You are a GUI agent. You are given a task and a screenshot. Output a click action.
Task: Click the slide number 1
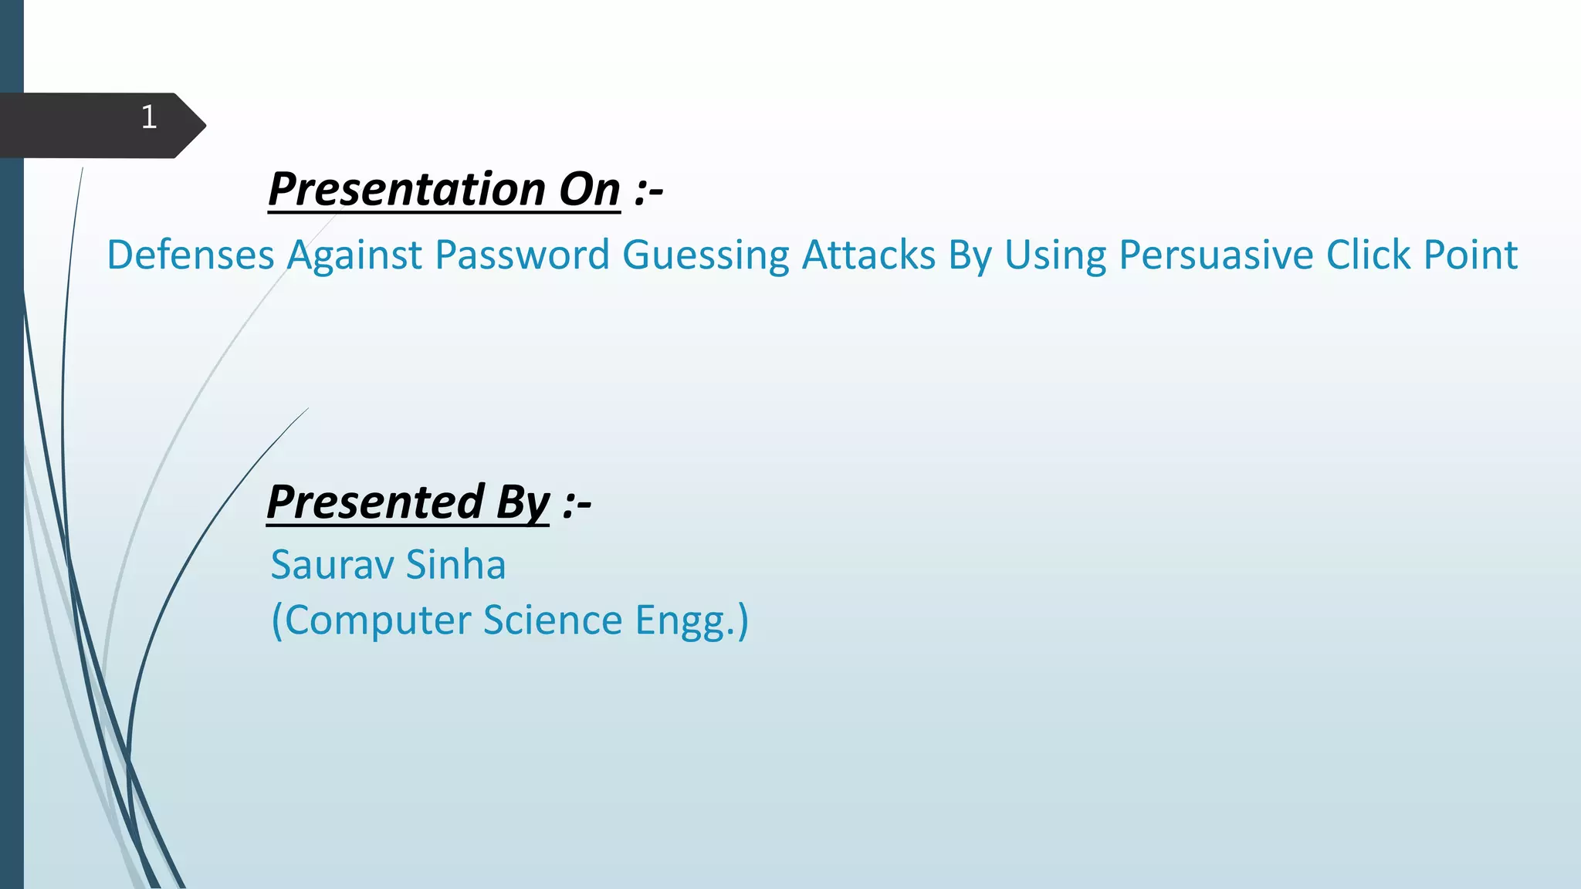149,117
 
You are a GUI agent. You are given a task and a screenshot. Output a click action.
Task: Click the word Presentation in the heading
406,189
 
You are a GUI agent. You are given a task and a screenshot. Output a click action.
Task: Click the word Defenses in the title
190,255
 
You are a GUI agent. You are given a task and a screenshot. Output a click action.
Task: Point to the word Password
522,255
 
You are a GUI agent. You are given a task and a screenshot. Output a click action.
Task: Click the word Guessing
706,256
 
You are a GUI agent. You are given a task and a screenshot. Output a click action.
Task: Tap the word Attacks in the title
868,255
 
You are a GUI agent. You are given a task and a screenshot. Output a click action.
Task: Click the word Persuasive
1216,255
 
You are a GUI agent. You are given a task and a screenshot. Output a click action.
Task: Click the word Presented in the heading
375,502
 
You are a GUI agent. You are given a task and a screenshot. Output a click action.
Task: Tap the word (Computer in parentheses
371,620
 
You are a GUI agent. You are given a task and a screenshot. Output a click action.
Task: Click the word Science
552,620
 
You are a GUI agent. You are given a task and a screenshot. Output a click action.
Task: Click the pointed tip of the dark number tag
202,125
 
